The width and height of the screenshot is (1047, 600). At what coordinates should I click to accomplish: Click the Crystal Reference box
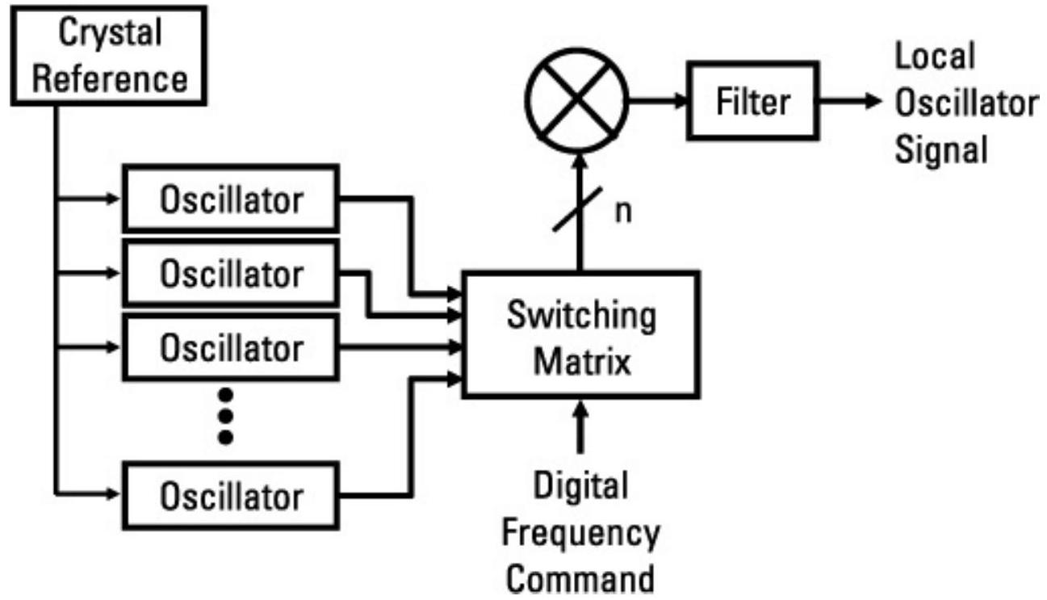pos(112,55)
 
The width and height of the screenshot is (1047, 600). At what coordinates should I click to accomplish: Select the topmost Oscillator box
pos(231,199)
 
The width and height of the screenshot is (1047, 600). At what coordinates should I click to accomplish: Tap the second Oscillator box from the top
pos(231,274)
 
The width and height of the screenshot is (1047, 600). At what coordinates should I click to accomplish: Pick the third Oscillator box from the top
pos(231,348)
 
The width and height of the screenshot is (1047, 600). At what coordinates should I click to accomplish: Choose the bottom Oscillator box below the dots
pos(231,495)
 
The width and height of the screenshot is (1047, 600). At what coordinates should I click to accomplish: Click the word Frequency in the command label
pos(581,534)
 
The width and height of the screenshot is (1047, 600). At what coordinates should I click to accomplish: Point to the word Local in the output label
pos(936,57)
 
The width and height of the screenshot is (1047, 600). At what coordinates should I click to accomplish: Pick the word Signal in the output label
pos(942,149)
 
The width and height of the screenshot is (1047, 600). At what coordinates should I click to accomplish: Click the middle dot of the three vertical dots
pos(226,417)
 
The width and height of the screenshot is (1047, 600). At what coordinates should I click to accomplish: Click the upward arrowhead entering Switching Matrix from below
pos(579,405)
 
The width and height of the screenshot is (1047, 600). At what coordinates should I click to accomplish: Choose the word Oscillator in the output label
pos(966,103)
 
